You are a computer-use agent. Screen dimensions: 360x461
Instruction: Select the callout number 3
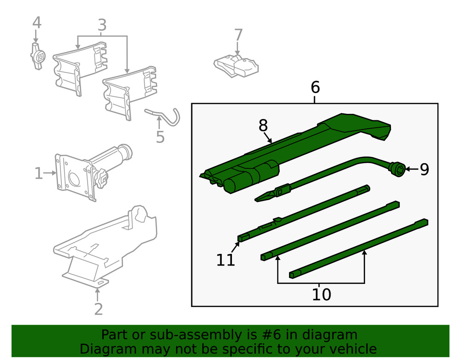pos(102,25)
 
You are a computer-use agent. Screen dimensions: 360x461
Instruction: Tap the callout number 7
pos(238,35)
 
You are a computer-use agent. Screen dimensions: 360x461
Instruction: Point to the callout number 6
pos(315,87)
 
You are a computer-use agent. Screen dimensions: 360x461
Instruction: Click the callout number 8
pos(263,125)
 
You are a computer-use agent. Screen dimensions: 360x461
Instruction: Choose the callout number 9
pos(424,170)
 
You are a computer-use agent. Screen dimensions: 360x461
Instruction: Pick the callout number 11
pos(226,260)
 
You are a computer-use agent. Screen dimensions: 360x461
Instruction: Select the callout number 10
pos(321,294)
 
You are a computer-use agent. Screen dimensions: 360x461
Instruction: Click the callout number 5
pos(160,136)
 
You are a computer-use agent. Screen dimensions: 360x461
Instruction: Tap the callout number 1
pos(39,174)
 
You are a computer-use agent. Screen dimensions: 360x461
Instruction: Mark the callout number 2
pos(98,308)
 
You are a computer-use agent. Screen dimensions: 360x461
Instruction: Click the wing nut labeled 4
pos(38,56)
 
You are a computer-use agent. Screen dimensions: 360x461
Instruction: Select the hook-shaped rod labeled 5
pos(166,117)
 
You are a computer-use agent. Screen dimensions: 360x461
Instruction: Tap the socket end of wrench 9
pos(397,169)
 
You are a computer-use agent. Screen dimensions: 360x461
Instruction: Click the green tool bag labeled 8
pos(295,148)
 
